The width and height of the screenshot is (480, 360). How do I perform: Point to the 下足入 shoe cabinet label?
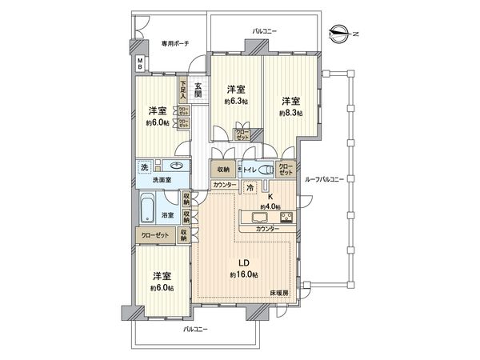183,87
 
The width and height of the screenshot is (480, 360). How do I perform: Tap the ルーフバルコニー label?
325,180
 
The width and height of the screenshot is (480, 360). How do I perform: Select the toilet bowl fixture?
265,170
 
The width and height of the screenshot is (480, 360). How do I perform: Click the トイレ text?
249,170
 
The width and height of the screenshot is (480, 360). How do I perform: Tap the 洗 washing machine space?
145,167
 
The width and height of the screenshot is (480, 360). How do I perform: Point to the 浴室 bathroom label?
168,216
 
